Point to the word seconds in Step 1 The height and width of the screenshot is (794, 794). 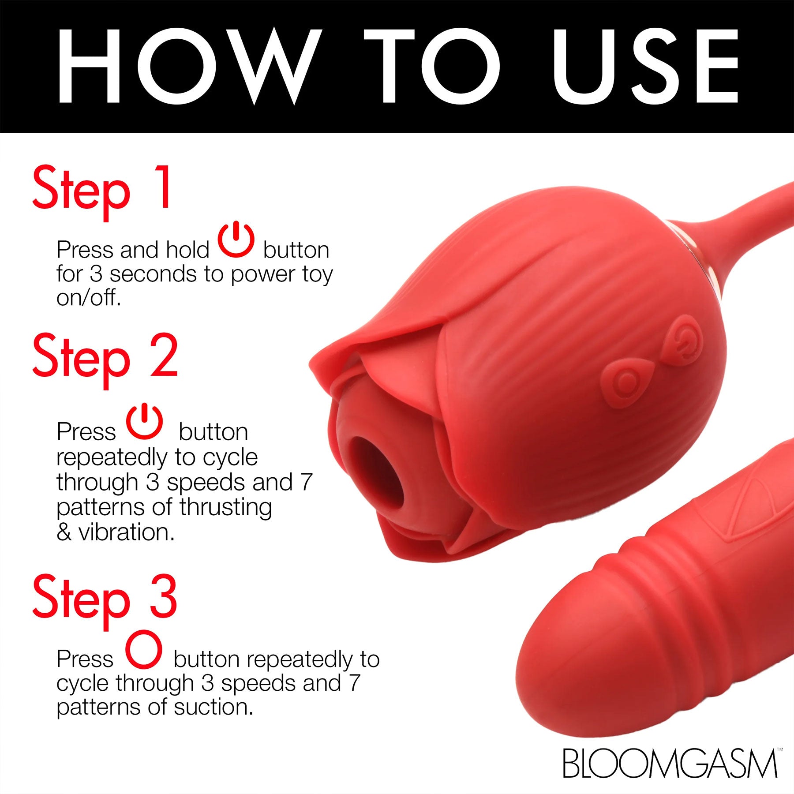click(153, 274)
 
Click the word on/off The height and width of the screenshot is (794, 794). click(88, 299)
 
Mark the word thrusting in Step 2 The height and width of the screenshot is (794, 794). click(225, 507)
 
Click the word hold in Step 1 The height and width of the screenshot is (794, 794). click(187, 250)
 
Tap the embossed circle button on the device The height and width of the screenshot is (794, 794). click(623, 383)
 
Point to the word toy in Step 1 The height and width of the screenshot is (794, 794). click(318, 274)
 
